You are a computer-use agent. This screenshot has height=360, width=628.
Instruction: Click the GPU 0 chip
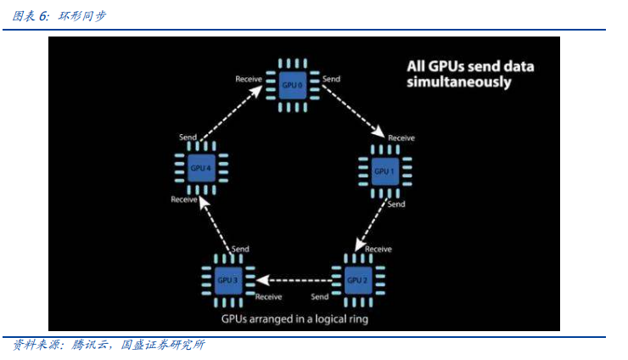[293, 85]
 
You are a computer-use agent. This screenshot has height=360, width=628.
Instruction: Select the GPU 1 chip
[384, 171]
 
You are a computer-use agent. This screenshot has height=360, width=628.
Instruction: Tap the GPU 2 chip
[357, 279]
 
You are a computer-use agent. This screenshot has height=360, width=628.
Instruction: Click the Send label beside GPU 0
[332, 79]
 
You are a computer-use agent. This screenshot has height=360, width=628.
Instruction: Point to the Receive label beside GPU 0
[249, 79]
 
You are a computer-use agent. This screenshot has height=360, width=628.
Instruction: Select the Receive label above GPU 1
[401, 138]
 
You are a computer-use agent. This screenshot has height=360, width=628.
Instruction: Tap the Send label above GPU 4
[188, 137]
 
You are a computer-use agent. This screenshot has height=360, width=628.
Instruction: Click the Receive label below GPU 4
[184, 200]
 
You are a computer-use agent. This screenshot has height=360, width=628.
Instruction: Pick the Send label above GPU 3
[241, 249]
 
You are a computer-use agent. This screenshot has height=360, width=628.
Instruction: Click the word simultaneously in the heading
[458, 83]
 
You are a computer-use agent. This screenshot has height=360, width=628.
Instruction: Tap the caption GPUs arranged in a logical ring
[294, 319]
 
